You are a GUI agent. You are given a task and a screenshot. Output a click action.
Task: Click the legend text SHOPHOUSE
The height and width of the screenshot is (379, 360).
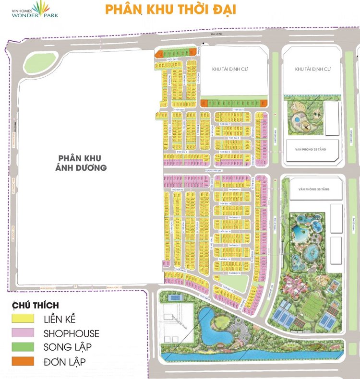[x=71, y=333]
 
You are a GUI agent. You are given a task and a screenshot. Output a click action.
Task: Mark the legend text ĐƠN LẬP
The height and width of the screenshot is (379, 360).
[x=66, y=361]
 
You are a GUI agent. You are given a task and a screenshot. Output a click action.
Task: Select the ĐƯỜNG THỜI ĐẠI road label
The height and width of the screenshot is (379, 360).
[x=213, y=170]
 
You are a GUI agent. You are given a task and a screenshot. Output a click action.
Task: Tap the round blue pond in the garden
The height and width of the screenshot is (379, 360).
[x=297, y=118]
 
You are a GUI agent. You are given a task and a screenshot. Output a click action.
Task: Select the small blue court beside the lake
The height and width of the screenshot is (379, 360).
[x=175, y=298]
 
